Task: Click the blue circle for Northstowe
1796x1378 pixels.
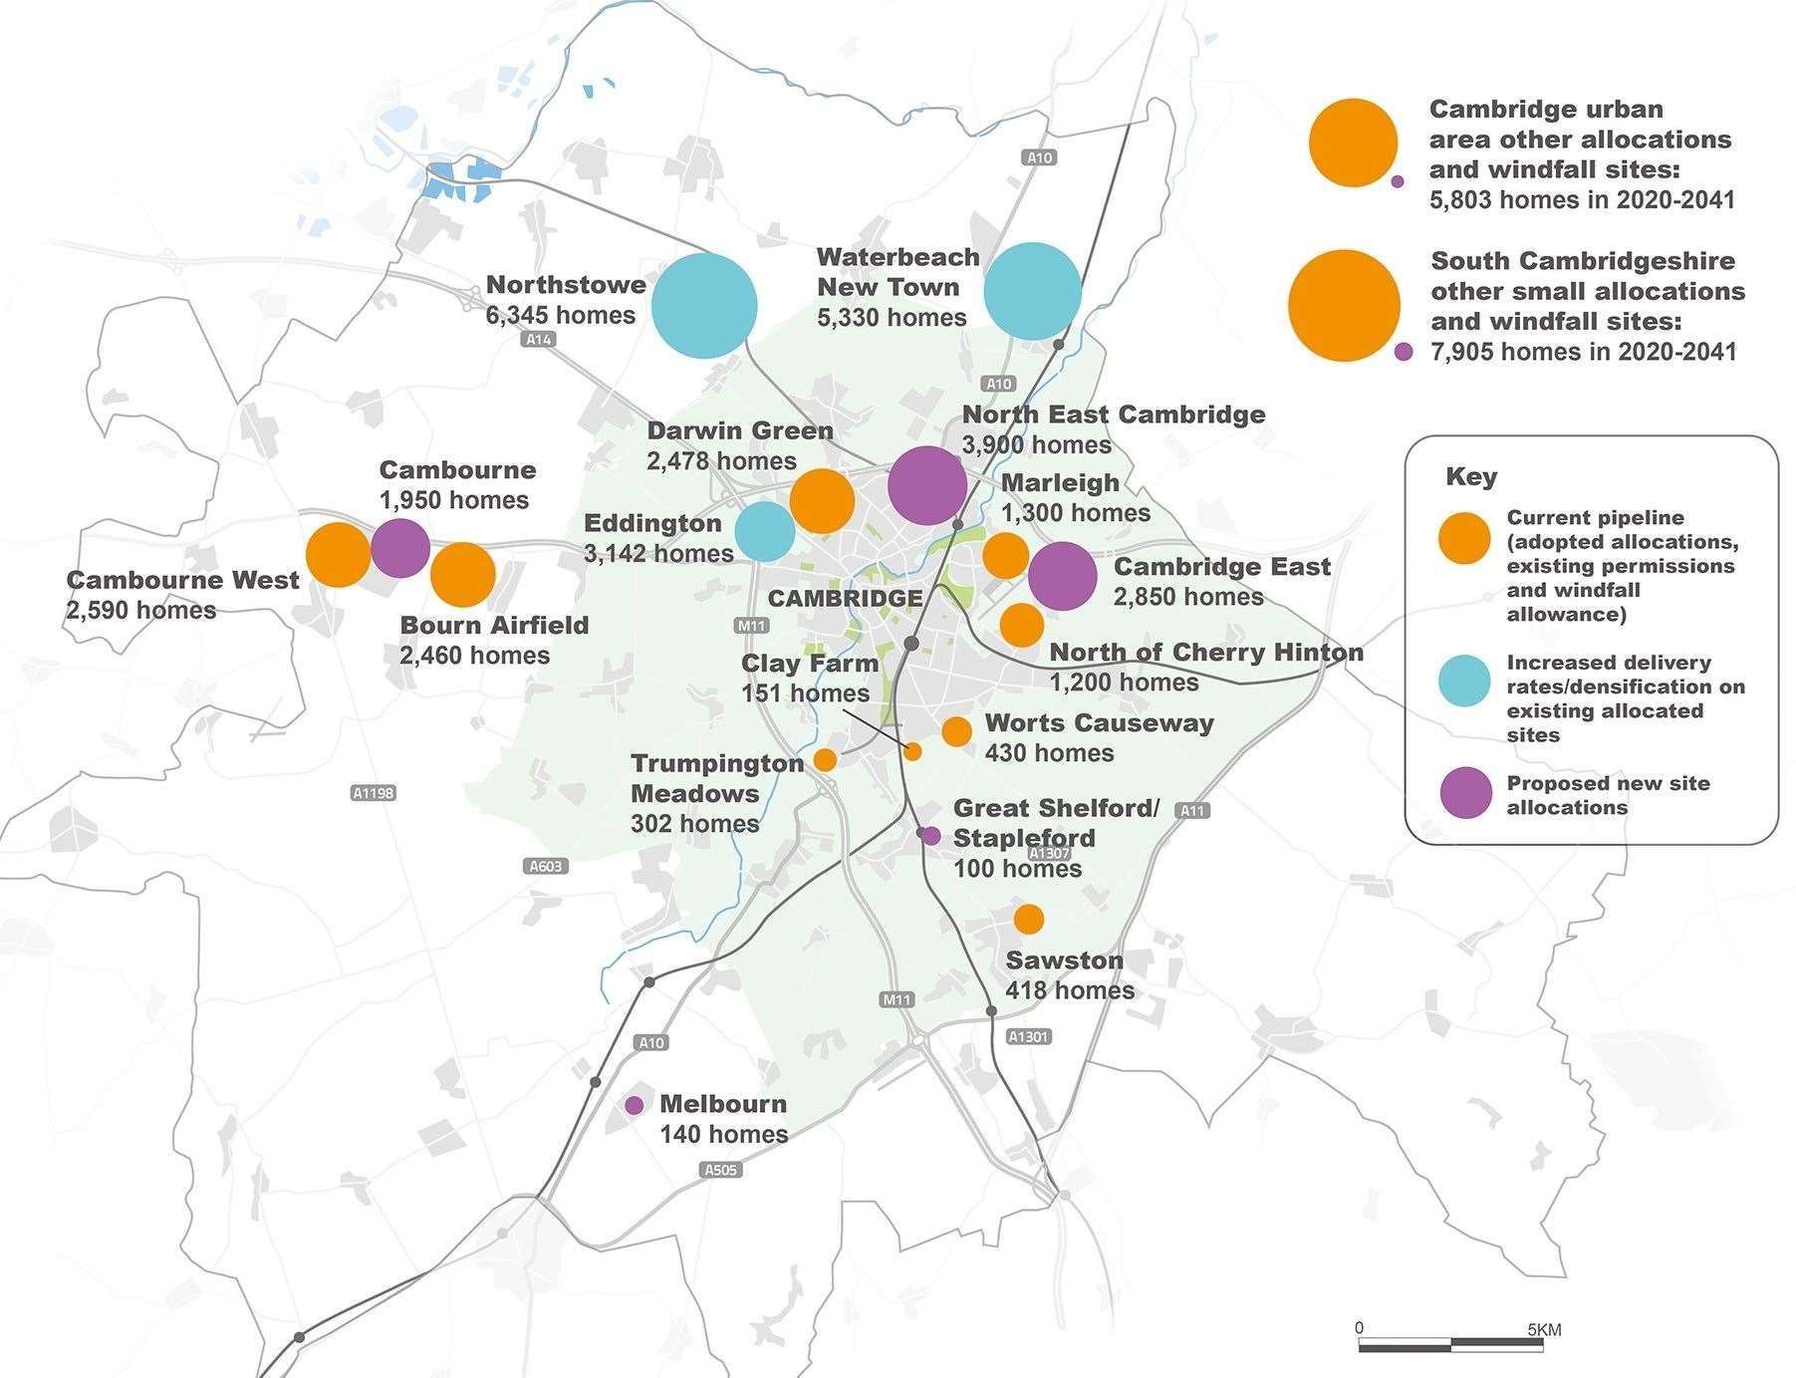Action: point(704,306)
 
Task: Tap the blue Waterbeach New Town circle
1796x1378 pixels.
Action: point(1032,291)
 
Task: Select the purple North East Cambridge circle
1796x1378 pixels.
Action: point(926,485)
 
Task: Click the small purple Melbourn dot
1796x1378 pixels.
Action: point(634,1105)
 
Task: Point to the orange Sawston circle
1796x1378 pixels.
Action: point(1029,919)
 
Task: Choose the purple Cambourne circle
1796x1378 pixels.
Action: point(400,548)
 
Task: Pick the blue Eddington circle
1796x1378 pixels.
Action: point(765,531)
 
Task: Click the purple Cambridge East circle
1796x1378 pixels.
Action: point(1062,576)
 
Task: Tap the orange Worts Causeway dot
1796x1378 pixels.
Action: point(956,731)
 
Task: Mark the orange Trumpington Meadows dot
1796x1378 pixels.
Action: point(825,760)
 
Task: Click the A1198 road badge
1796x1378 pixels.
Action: point(374,793)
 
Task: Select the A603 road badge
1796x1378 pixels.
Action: point(546,866)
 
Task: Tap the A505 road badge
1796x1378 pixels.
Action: point(719,1169)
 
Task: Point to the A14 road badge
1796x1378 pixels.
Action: point(539,340)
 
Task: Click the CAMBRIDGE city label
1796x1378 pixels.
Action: point(845,598)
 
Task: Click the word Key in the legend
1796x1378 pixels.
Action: point(1471,477)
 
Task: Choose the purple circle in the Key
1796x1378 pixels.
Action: point(1466,793)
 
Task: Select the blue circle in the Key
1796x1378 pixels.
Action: point(1465,682)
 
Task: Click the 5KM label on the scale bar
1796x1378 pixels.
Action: point(1543,1329)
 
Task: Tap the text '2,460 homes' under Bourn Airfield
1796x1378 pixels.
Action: point(474,656)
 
